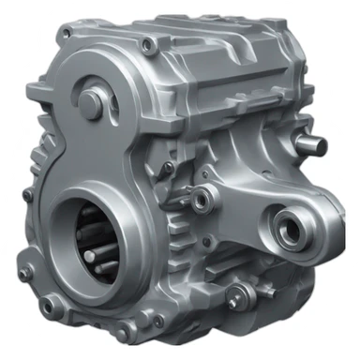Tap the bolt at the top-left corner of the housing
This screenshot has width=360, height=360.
click(65, 35)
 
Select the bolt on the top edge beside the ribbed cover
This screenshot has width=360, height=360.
click(147, 42)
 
